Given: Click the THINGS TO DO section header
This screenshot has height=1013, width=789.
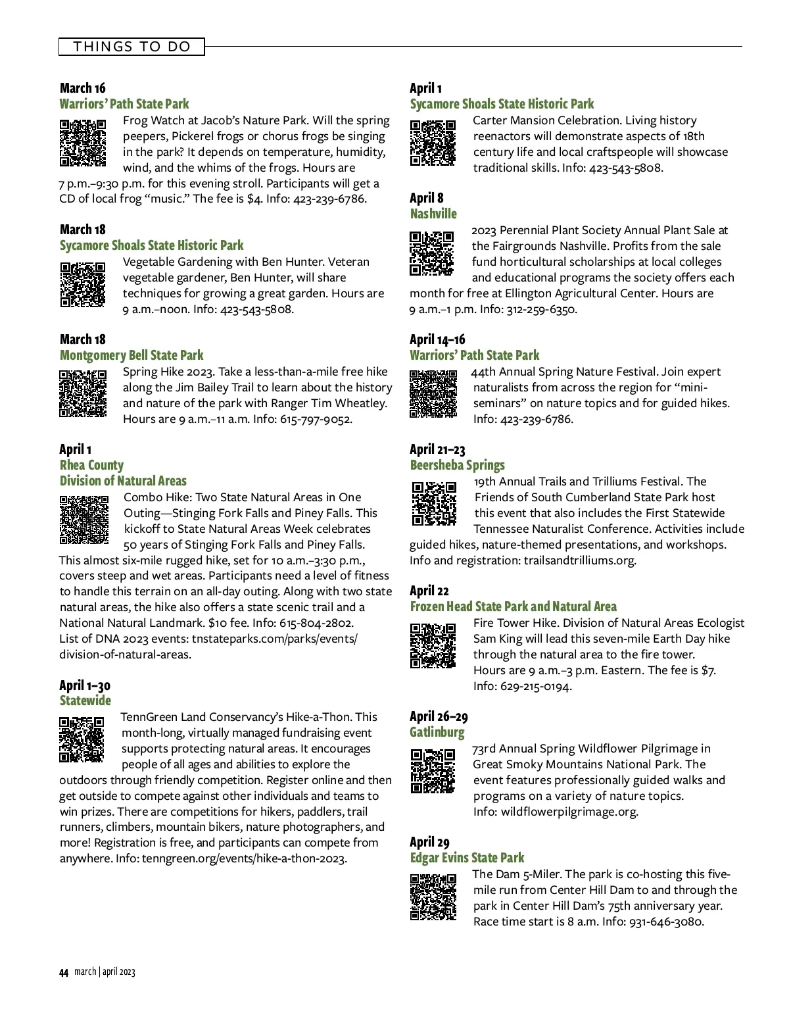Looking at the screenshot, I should click(x=131, y=47).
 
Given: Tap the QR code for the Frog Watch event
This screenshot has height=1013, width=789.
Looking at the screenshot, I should click(x=83, y=143).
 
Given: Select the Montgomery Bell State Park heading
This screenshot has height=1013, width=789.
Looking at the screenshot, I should click(x=131, y=355).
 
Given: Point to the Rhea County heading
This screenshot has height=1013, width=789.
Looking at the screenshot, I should click(x=91, y=465).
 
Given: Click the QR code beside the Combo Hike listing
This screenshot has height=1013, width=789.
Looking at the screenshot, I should click(x=84, y=520).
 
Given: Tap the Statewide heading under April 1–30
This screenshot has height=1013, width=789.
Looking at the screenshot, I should click(x=85, y=701).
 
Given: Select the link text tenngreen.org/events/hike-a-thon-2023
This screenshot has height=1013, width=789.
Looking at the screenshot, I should click(x=244, y=858).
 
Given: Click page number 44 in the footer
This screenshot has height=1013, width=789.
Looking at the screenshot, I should click(x=64, y=973).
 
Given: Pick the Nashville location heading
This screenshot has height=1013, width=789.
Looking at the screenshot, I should click(x=433, y=214).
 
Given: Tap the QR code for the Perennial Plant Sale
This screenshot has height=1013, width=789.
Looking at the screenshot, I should click(x=432, y=253).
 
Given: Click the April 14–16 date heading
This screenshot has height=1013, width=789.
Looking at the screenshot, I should click(x=437, y=339).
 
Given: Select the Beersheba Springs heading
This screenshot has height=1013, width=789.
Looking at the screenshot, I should click(x=458, y=465).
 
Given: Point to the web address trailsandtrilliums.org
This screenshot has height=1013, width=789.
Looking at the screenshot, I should click(x=580, y=560).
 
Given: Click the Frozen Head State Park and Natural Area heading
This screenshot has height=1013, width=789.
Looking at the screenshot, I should click(x=514, y=606).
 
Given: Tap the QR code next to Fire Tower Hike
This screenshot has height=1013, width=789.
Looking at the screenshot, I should click(x=433, y=645).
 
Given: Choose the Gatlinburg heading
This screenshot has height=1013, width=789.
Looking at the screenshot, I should click(x=437, y=732).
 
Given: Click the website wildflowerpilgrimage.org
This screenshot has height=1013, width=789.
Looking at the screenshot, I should click(x=569, y=812).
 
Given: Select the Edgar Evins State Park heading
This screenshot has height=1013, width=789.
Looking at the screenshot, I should click(x=467, y=858).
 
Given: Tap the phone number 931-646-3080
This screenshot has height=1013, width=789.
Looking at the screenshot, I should click(x=666, y=922).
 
